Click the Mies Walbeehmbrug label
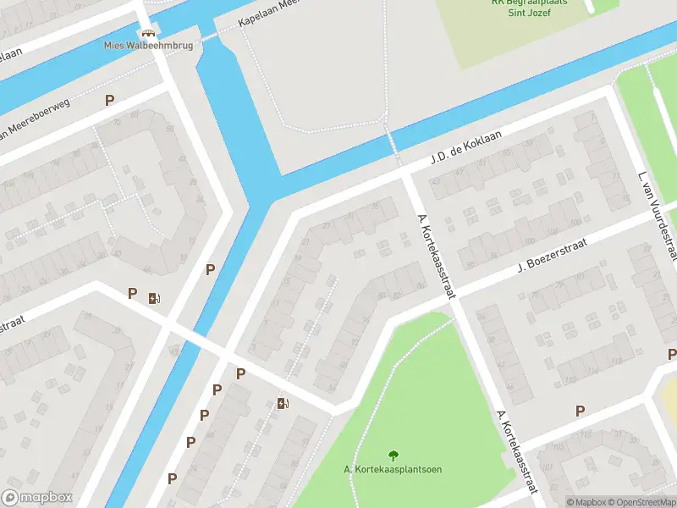point(148,46)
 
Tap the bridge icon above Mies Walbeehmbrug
point(149,33)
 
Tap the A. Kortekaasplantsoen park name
point(393,470)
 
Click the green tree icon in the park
point(393,456)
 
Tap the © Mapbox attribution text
point(587,502)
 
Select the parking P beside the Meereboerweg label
point(109,100)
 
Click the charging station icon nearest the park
point(283,403)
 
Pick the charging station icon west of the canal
point(153,297)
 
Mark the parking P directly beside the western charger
point(132,293)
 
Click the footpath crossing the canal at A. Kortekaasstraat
point(394,144)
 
